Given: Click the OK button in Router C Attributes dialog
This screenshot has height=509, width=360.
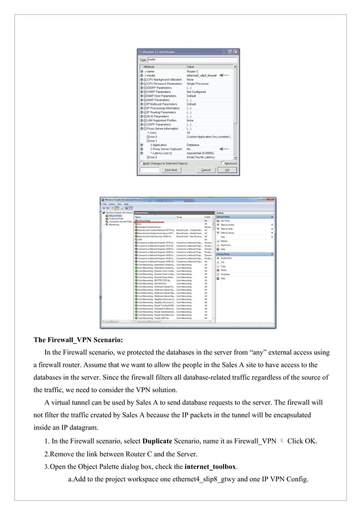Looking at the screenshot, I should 226,169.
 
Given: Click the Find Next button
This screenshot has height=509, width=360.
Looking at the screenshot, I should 170,169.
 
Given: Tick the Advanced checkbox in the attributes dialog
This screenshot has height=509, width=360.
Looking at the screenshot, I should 225,163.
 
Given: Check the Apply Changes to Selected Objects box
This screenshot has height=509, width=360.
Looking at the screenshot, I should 141,163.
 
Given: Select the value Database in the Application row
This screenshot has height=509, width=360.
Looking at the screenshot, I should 194,145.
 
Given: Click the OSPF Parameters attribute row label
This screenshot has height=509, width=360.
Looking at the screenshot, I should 160,124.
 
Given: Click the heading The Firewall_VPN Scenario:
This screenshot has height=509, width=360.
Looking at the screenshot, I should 77,340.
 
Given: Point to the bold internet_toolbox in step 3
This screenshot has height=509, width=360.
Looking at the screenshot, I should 211,466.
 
